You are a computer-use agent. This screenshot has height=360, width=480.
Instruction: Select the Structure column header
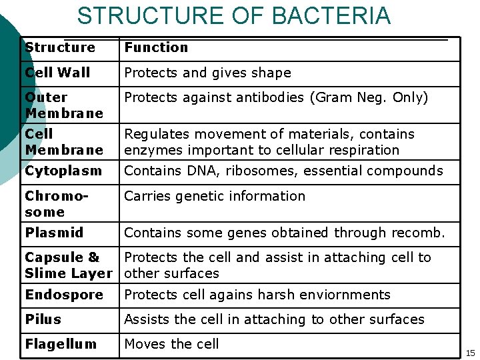point(60,47)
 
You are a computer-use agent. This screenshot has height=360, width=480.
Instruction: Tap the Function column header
point(156,47)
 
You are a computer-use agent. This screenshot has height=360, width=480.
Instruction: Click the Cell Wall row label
point(57,72)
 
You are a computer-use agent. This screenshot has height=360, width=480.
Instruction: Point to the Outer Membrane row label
point(63,105)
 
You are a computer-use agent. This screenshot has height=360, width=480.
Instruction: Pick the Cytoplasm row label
point(63,171)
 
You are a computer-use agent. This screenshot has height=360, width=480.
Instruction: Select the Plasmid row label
point(54,233)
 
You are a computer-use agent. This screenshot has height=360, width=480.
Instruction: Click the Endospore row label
point(64,295)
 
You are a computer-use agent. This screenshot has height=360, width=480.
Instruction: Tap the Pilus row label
point(43,319)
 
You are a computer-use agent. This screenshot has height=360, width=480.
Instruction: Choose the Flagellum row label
point(61,344)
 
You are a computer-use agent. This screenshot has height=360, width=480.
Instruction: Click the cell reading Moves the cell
point(171,344)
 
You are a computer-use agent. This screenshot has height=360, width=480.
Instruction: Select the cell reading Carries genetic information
point(215,196)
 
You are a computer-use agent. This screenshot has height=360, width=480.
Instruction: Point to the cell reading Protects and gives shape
point(207,73)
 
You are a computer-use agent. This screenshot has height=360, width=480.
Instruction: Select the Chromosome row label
point(54,204)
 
